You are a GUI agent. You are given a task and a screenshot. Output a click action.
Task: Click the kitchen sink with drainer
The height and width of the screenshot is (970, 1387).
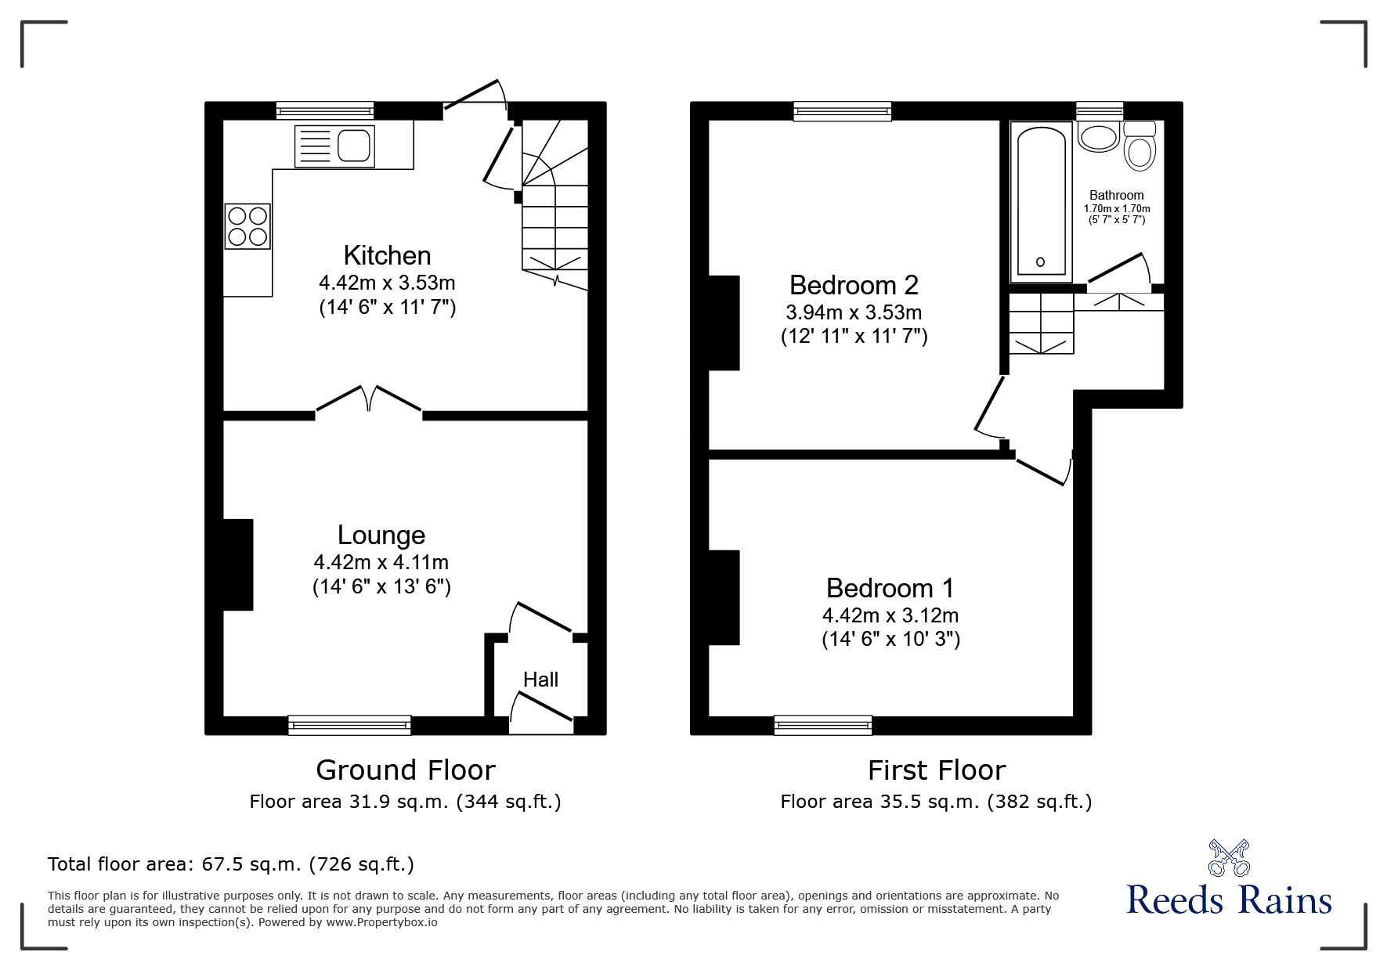tap(334, 146)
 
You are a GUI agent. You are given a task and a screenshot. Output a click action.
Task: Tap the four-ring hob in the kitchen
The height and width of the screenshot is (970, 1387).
tap(248, 225)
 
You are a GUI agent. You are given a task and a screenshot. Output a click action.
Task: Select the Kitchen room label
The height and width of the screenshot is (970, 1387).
tap(387, 255)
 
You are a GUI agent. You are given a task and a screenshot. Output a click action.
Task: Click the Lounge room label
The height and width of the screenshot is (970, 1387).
tap(381, 535)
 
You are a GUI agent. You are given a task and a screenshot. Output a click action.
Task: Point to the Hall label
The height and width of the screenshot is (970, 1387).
tap(540, 680)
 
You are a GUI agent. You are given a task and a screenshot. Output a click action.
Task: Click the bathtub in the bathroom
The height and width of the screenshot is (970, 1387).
tap(1040, 201)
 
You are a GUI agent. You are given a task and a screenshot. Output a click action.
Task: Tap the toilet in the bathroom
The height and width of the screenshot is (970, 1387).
tap(1140, 147)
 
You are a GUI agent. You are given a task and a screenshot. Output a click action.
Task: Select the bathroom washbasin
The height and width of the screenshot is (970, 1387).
tap(1098, 137)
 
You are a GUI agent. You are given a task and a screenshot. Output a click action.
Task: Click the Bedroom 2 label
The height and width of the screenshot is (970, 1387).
tap(854, 284)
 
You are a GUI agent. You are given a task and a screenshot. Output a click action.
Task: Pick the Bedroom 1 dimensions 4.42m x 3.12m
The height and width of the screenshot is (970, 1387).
tap(890, 615)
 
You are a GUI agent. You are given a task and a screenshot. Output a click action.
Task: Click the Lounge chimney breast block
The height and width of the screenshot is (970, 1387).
tap(238, 564)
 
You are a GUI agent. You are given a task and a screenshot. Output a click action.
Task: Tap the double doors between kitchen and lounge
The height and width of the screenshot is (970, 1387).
tap(369, 399)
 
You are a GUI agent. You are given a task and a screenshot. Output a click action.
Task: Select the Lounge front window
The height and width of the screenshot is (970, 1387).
tap(349, 725)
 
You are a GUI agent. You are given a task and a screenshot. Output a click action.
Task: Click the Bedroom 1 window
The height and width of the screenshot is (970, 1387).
tap(823, 725)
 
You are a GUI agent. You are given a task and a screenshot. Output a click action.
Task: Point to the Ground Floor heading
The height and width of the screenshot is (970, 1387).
tap(405, 770)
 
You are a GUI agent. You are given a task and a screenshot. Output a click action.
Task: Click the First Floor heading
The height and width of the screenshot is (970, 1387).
tap(936, 770)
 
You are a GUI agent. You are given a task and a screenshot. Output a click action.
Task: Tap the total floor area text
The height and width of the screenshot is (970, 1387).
tap(231, 864)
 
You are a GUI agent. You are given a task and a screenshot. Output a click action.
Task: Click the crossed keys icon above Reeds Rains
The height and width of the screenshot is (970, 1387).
tap(1229, 857)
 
